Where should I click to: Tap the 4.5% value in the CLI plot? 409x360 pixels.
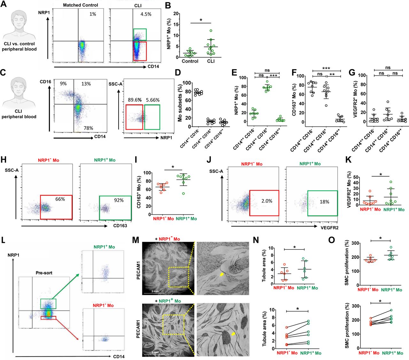(x=146, y=14)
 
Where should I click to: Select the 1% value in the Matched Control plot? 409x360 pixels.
(x=93, y=14)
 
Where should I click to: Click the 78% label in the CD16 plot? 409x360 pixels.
(x=88, y=128)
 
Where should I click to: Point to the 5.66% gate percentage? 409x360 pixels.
(x=153, y=100)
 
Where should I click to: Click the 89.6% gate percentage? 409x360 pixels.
(x=135, y=100)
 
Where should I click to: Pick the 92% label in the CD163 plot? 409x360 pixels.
(x=119, y=200)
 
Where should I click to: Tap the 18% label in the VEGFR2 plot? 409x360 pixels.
(x=324, y=202)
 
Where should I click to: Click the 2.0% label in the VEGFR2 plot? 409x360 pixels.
(x=267, y=201)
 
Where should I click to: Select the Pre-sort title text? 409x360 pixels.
(x=44, y=273)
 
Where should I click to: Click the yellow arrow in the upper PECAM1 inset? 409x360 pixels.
(x=222, y=274)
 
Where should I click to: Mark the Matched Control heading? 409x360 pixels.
(x=81, y=5)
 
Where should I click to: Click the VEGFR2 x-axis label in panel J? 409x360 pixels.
(x=329, y=227)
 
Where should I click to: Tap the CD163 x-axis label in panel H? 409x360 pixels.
(x=120, y=226)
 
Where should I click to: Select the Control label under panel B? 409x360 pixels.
(x=190, y=61)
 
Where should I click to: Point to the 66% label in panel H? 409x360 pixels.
(x=60, y=199)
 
